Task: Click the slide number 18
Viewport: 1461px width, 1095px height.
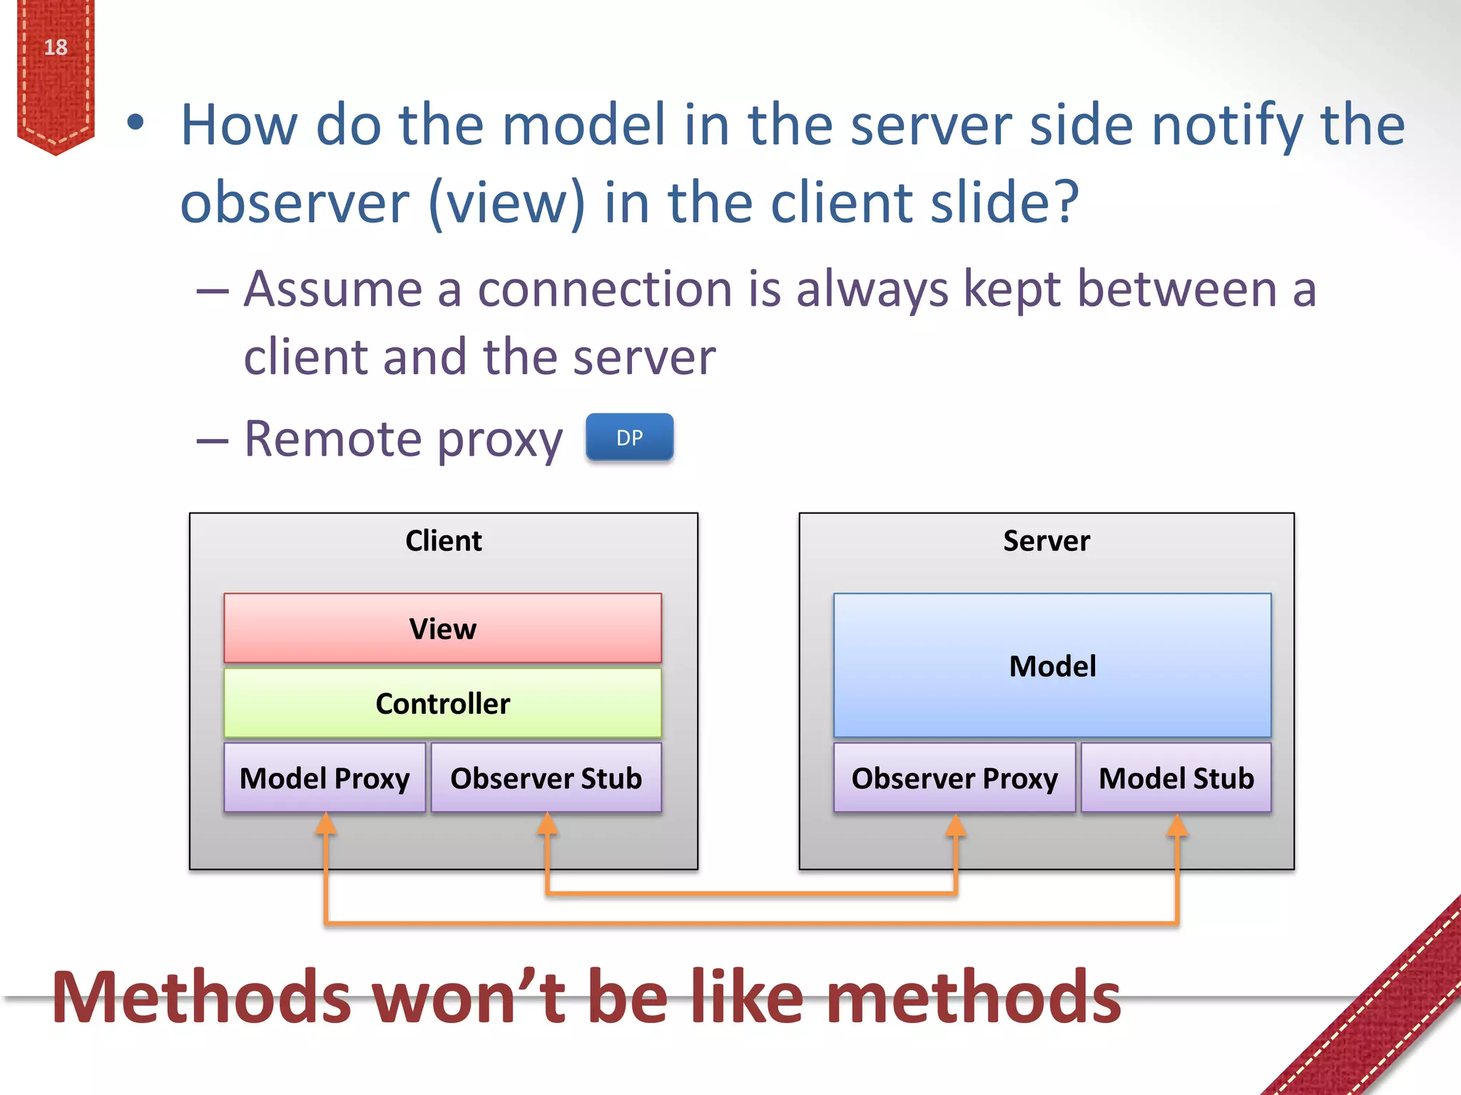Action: pos(56,48)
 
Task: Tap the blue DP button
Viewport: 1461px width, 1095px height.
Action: pos(629,437)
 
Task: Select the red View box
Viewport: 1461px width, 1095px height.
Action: pos(442,628)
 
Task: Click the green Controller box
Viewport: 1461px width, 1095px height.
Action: pos(442,703)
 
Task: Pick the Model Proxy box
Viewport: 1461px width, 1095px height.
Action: pos(325,778)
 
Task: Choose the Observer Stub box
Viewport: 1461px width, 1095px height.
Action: pos(546,778)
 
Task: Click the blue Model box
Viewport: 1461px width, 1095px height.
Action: pos(1052,665)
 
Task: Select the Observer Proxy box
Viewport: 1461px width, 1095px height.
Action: pos(955,778)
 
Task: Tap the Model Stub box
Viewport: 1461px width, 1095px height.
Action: pos(1176,778)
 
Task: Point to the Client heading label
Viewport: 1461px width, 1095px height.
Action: pos(443,540)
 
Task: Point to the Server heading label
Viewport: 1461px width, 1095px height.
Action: pos(1047,540)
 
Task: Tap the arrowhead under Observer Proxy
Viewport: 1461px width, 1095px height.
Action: pos(956,825)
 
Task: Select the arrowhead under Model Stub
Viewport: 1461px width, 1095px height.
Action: pos(1177,825)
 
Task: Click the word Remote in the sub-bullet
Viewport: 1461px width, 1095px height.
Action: pos(333,438)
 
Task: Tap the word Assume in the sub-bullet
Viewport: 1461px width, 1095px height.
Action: pos(333,289)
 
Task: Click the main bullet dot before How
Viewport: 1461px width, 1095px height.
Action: pos(135,123)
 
